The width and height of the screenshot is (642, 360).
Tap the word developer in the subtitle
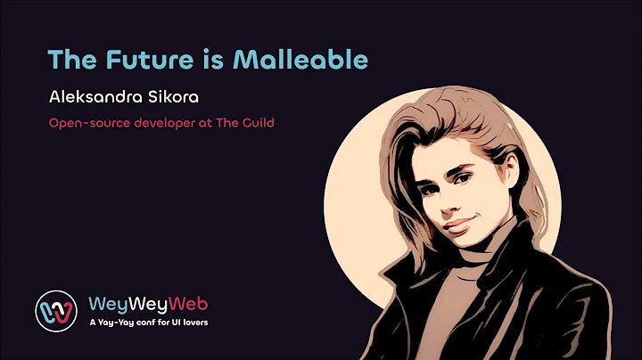[156, 122]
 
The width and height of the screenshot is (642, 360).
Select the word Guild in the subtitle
[256, 122]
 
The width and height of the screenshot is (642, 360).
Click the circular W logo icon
[56, 308]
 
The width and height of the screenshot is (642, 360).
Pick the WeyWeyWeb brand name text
[149, 301]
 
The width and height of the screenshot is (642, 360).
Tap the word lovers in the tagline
[192, 322]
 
